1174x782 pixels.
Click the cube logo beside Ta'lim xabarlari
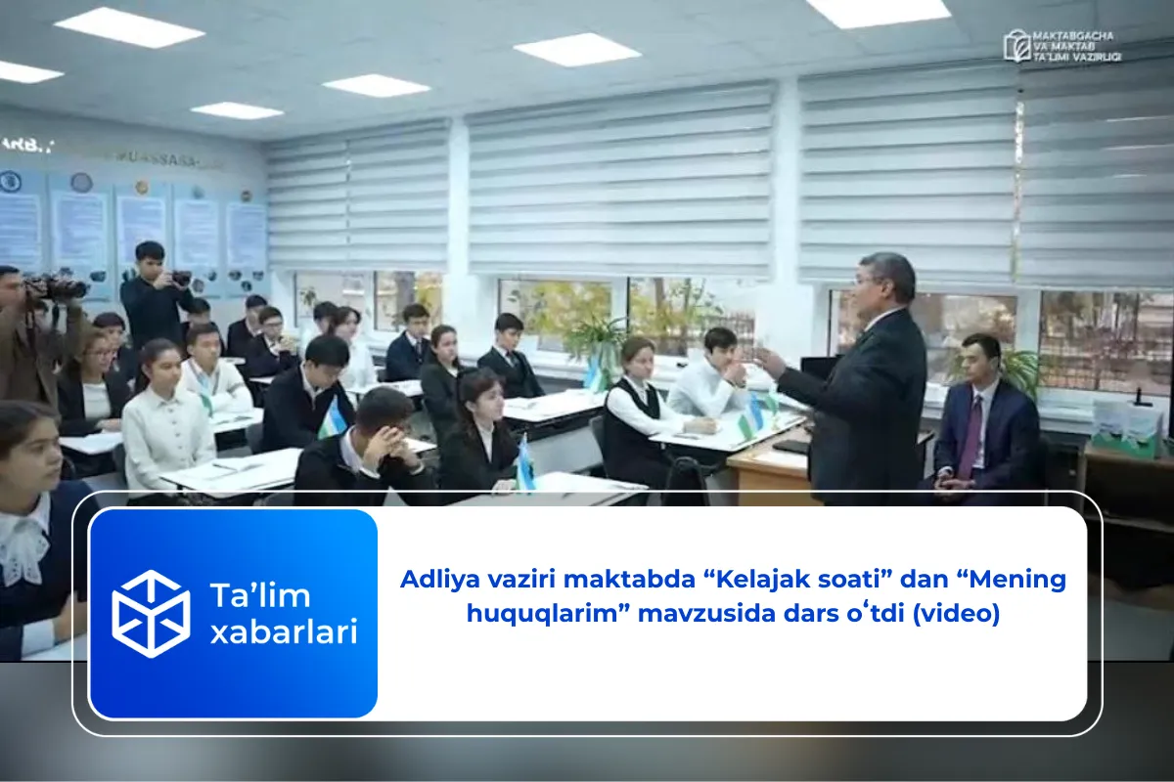coord(151,614)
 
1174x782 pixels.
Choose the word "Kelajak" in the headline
coord(759,580)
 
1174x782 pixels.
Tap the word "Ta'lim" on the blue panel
coord(247,594)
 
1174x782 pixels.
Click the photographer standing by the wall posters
coord(154,293)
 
